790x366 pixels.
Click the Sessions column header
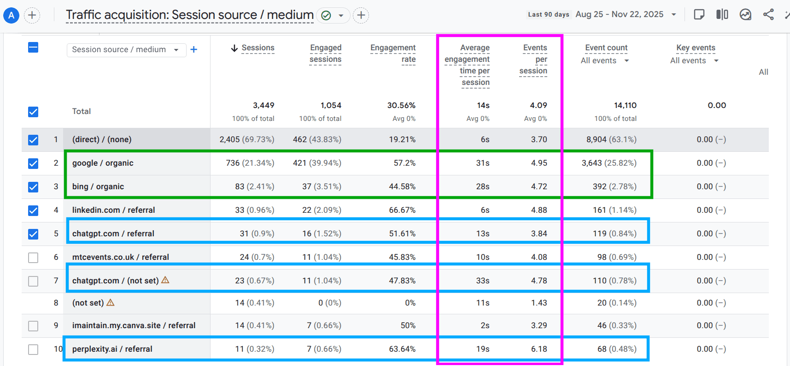(257, 48)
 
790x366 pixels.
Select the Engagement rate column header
(393, 54)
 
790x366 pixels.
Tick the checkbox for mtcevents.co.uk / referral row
(33, 258)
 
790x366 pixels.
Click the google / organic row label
(103, 163)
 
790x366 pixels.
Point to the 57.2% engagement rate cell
(404, 163)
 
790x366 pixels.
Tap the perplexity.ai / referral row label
(112, 349)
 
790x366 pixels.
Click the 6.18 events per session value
(539, 349)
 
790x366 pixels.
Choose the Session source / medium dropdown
(126, 50)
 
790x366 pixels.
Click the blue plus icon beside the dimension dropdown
(194, 49)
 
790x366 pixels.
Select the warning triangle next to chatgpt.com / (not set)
(165, 280)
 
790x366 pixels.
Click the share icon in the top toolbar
(768, 14)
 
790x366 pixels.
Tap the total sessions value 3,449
(263, 106)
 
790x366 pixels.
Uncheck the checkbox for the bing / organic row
(33, 187)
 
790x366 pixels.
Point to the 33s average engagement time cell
(483, 281)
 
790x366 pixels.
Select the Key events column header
(696, 48)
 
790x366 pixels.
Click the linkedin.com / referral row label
(113, 210)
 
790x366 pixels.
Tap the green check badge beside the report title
(326, 16)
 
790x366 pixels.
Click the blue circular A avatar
(11, 16)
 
